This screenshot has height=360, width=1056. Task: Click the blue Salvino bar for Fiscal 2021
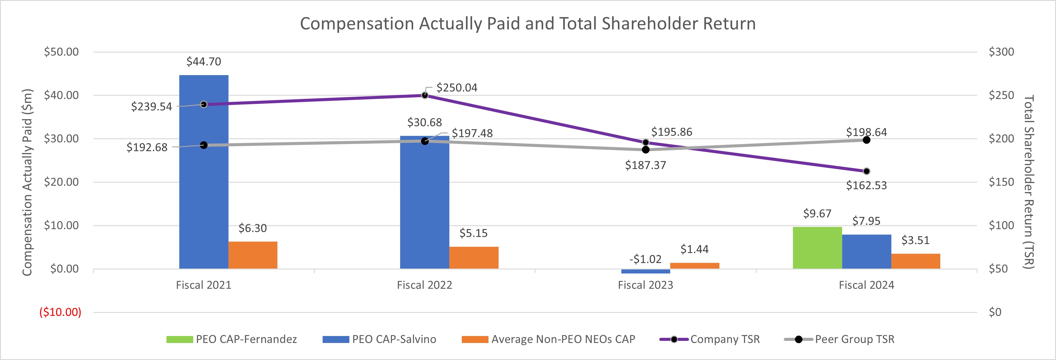pyautogui.click(x=204, y=172)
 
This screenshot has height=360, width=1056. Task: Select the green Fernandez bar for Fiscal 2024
pyautogui.click(x=817, y=248)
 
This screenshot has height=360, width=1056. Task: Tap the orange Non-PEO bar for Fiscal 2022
pyautogui.click(x=474, y=258)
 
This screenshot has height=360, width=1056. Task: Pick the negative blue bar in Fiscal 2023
pyautogui.click(x=645, y=271)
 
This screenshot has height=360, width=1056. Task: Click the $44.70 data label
pyautogui.click(x=204, y=61)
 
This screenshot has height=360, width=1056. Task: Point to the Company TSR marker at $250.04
pyautogui.click(x=425, y=95)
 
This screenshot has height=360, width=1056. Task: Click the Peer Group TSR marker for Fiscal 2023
pyautogui.click(x=646, y=150)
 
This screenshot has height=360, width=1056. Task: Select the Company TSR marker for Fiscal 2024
pyautogui.click(x=866, y=171)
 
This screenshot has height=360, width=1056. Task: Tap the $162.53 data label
pyautogui.click(x=866, y=185)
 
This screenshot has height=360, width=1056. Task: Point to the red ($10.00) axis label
pyautogui.click(x=60, y=312)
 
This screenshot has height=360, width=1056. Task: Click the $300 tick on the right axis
pyautogui.click(x=1001, y=52)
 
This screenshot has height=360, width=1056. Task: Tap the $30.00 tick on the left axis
pyautogui.click(x=61, y=139)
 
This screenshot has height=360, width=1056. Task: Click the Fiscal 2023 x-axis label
pyautogui.click(x=645, y=285)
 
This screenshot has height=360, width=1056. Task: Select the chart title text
pyautogui.click(x=528, y=23)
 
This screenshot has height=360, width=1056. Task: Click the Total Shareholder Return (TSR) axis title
pyautogui.click(x=1029, y=182)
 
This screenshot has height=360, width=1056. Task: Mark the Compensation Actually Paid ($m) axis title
pyautogui.click(x=27, y=182)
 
